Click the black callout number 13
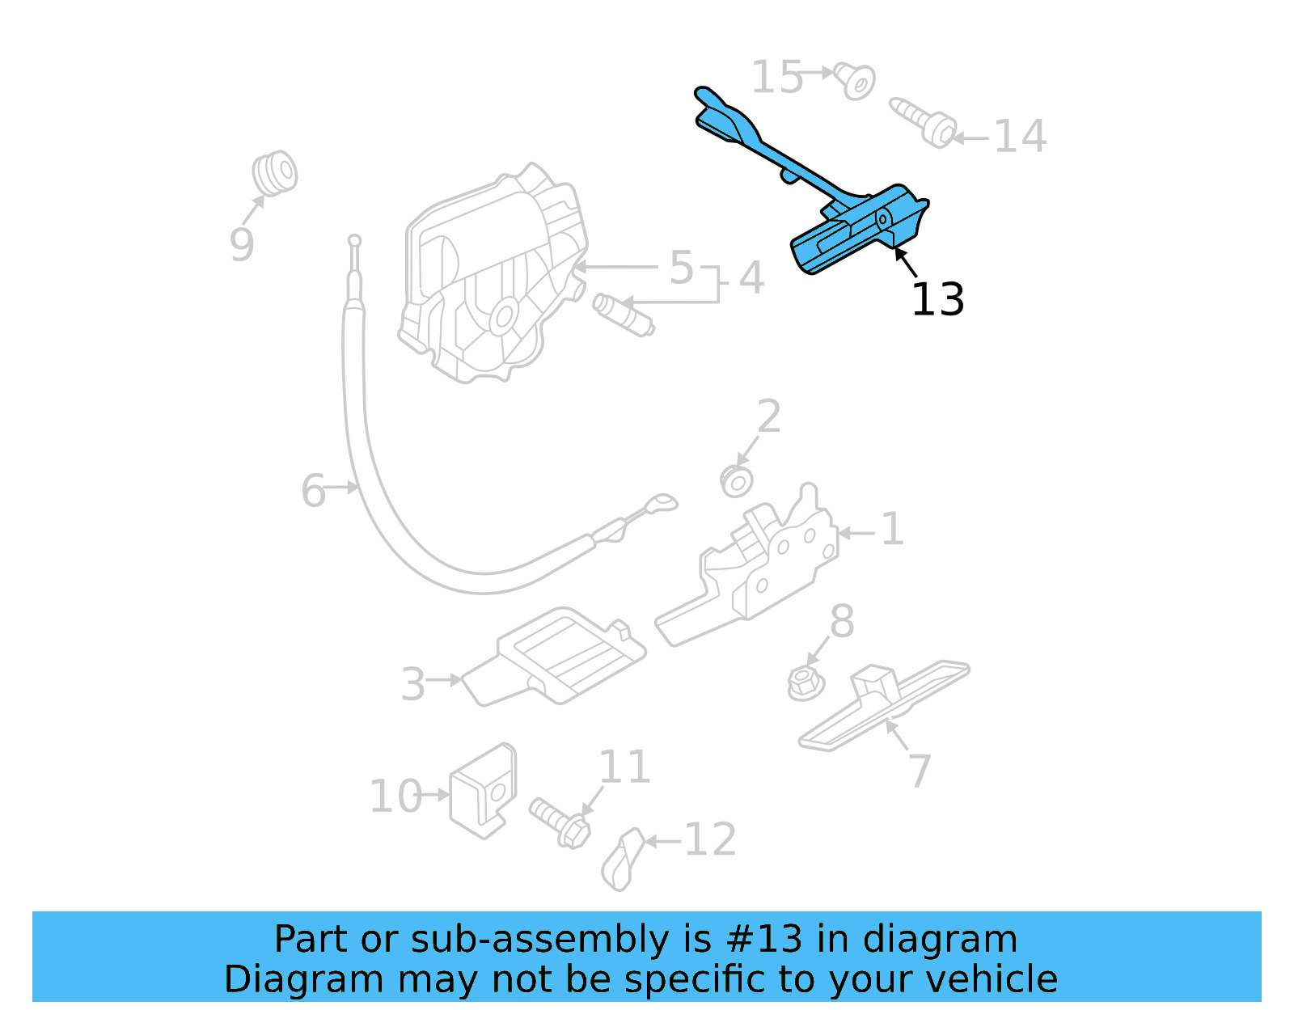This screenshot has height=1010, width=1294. (937, 300)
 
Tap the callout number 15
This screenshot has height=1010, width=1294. (776, 78)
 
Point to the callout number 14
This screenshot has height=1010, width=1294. (1020, 137)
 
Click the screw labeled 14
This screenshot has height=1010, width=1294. (924, 122)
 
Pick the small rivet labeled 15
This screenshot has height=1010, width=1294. (855, 82)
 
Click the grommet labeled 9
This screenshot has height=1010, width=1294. (274, 172)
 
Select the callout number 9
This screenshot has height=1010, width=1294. (242, 244)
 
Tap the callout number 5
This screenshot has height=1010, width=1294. (681, 268)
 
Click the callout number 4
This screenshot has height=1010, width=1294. (751, 278)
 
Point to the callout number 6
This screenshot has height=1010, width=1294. (313, 491)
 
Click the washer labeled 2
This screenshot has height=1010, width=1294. (737, 481)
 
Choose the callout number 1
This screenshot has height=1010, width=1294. (892, 530)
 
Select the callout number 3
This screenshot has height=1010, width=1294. (412, 684)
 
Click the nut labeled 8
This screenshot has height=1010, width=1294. (805, 682)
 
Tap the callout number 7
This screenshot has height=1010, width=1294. (920, 771)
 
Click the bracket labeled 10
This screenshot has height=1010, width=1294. (483, 790)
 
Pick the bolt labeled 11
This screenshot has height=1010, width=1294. (560, 821)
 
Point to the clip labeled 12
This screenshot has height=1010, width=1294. (623, 859)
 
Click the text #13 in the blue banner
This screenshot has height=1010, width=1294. (764, 939)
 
